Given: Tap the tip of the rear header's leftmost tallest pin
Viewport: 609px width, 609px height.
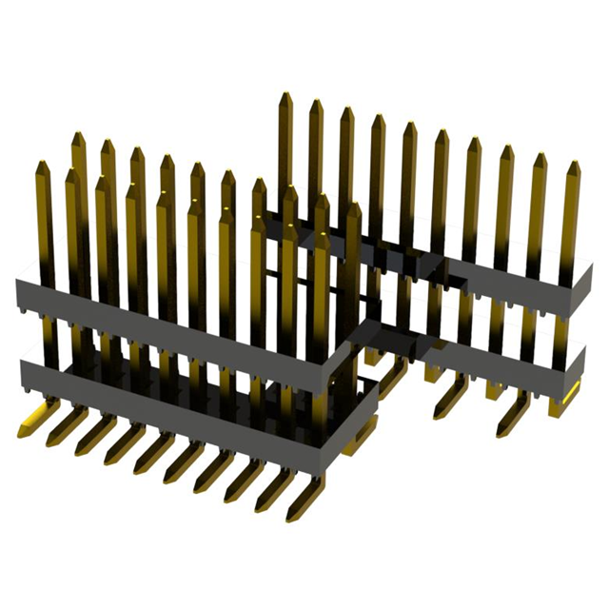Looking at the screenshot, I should (285, 95).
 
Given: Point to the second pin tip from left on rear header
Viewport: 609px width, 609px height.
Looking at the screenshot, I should (316, 102).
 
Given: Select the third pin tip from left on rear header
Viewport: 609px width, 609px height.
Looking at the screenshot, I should (346, 108).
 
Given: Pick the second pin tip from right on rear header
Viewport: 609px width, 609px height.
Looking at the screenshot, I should (540, 155).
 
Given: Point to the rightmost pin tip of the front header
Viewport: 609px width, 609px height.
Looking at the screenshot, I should (354, 205).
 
